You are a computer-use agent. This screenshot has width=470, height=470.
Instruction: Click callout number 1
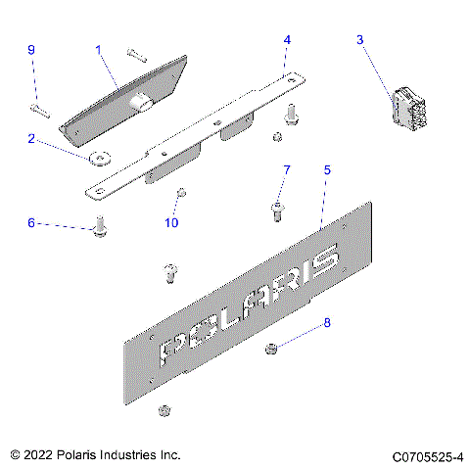click(98, 48)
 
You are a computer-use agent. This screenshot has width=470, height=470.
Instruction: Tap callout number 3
click(359, 39)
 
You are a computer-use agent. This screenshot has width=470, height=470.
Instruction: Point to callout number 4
click(287, 40)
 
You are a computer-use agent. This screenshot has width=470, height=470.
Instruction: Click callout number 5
click(327, 169)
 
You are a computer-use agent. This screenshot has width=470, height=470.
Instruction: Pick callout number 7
click(287, 170)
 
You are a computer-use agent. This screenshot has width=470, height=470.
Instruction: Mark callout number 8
click(327, 322)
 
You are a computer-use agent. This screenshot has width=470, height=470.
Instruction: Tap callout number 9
click(30, 49)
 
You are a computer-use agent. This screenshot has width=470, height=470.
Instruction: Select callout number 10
click(172, 223)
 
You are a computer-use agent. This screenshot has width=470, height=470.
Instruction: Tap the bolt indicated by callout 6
click(99, 230)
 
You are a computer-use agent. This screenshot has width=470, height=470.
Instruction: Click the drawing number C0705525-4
click(427, 456)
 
